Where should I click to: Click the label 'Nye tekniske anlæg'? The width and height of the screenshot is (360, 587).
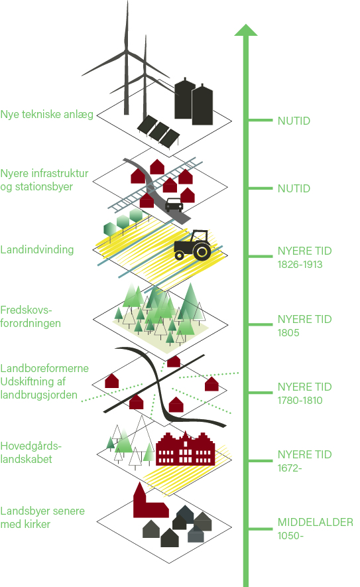47,115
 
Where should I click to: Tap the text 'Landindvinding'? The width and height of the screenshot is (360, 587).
37,249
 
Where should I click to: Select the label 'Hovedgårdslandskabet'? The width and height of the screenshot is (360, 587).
30,452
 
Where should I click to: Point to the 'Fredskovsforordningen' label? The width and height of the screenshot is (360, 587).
30,316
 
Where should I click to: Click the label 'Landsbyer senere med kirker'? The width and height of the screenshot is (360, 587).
42,517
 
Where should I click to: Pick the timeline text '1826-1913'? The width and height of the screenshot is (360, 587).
300,264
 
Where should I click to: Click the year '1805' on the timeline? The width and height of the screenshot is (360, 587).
288,332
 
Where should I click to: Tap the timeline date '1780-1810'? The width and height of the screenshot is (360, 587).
300,400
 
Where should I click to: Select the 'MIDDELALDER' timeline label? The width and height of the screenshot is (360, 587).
316,522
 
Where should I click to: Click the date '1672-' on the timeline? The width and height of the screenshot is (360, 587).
290,468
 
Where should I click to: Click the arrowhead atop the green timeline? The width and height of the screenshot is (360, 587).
246,30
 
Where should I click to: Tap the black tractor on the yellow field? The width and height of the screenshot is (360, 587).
193,245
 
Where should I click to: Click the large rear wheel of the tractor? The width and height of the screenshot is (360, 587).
202,251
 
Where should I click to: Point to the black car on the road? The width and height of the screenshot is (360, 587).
174,204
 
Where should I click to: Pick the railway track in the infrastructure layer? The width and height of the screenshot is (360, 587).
155,184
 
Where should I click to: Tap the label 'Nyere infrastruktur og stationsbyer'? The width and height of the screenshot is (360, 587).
44,180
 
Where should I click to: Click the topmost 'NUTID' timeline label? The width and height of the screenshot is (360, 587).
294,121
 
